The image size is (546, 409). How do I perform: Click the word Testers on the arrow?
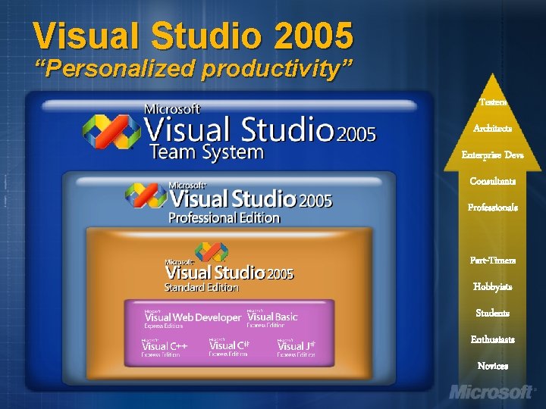point(492,101)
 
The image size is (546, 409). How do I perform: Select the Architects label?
point(492,128)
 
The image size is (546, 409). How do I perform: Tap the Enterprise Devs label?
point(492,155)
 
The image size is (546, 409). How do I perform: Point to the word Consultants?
point(492,181)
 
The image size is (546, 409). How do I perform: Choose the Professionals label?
point(492,207)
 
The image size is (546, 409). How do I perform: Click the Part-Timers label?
point(492,260)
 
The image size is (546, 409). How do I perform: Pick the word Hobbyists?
point(492,286)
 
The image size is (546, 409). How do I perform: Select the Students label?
point(492,313)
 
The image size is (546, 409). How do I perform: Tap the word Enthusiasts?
point(492,339)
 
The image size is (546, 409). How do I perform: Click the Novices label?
point(492,366)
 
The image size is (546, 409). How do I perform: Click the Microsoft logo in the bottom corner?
point(493,392)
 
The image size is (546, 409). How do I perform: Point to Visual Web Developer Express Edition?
point(193,319)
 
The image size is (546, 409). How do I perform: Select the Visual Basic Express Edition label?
point(272,319)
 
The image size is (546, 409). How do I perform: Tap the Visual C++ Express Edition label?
point(165,348)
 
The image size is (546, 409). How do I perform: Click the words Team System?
point(206,153)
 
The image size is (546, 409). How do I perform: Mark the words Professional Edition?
point(224,218)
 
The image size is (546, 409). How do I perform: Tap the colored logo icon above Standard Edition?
point(211,253)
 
